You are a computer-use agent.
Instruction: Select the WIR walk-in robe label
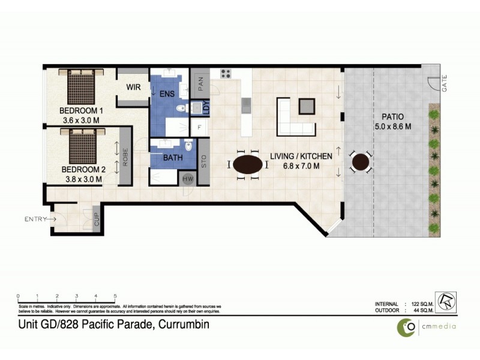click(133, 88)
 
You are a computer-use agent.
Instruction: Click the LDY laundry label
click(206, 108)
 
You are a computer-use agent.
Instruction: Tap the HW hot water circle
click(188, 179)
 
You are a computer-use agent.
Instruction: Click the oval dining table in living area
click(248, 164)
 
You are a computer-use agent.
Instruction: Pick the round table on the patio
click(361, 162)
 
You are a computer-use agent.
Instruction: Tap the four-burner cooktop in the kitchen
click(226, 74)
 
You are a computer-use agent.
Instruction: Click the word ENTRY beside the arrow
click(35, 220)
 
